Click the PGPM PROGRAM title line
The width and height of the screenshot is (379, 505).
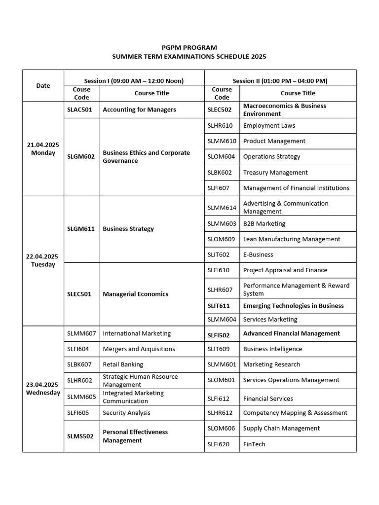(x=189, y=47)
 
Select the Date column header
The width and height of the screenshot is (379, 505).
(x=43, y=85)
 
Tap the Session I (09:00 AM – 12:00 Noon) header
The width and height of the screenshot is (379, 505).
(x=134, y=81)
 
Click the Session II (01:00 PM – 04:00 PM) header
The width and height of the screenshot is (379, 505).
(x=280, y=81)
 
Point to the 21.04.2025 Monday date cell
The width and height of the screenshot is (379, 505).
(x=43, y=148)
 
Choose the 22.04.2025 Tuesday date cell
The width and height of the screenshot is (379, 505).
(x=43, y=260)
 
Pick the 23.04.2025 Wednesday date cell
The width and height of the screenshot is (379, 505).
(x=43, y=389)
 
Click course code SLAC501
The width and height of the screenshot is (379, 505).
(x=80, y=109)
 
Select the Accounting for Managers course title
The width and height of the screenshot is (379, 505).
(x=139, y=109)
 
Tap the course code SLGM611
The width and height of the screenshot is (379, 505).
(x=81, y=229)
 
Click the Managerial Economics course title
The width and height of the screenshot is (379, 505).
(x=135, y=294)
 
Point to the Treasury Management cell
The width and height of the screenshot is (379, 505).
(x=275, y=173)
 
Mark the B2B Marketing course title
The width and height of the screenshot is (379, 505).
(x=264, y=223)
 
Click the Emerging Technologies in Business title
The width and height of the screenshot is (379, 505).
(x=293, y=306)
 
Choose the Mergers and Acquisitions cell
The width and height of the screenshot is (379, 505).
(x=139, y=349)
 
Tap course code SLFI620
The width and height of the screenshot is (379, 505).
(x=219, y=444)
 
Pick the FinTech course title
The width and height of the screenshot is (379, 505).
(x=254, y=444)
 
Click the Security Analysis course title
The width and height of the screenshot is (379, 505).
(x=126, y=413)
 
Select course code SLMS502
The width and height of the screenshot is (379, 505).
(x=80, y=436)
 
